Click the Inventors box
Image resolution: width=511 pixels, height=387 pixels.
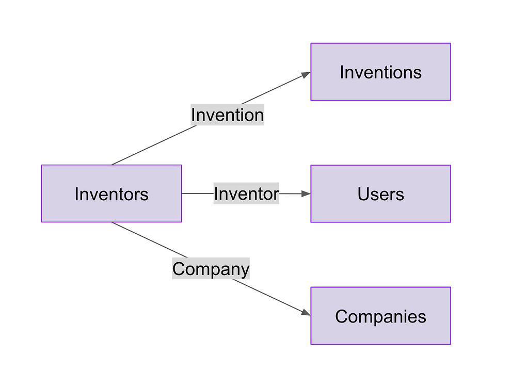111,193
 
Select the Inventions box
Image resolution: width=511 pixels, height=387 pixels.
380,72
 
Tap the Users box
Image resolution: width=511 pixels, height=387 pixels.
380,194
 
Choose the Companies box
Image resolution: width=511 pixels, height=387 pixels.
380,316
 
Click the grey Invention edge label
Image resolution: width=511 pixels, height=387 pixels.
227,115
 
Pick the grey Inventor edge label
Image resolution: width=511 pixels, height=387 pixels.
246,193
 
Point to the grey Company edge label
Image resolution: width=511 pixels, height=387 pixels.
211,269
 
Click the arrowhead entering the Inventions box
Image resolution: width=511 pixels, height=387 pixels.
306,75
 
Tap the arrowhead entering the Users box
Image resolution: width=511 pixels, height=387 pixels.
306,194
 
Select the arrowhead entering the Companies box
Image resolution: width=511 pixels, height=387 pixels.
306,313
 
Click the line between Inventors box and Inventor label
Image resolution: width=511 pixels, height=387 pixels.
197,193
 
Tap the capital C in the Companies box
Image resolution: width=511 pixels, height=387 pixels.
341,316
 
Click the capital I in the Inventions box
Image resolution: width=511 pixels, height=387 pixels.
342,72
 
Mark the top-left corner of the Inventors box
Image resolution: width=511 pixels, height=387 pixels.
42,166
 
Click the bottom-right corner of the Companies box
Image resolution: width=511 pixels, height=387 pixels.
450,344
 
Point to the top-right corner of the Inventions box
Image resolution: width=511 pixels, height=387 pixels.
450,43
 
